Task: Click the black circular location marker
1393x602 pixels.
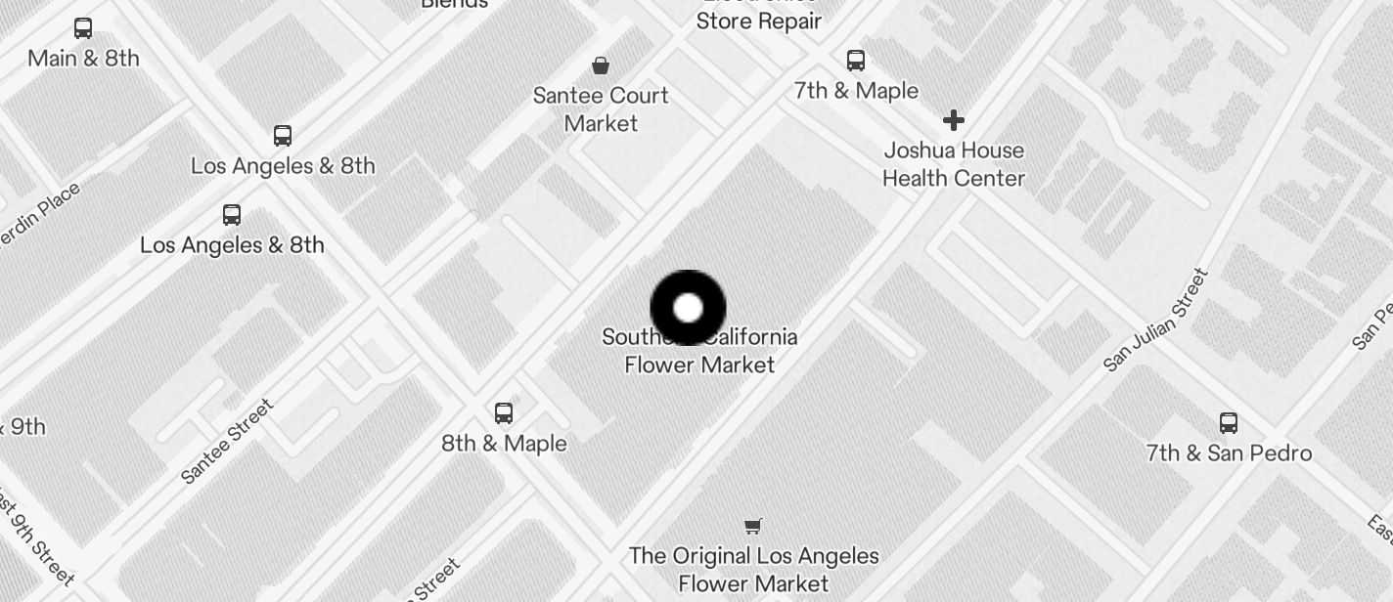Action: point(688,308)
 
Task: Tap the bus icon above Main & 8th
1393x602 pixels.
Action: point(83,28)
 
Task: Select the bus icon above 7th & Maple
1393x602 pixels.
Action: point(856,61)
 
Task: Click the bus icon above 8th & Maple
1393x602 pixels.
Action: point(504,412)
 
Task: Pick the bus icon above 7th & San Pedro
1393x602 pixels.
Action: point(1229,423)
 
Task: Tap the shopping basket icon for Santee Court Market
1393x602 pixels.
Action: point(601,65)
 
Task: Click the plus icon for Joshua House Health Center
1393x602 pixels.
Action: point(954,120)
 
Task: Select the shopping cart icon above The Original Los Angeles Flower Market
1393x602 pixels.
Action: point(753,526)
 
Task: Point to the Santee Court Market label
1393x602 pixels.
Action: point(601,109)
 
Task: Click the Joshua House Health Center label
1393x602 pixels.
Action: point(954,164)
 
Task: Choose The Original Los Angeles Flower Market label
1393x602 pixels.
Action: point(754,570)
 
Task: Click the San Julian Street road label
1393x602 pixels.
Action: point(1156,321)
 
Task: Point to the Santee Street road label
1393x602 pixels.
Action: point(228,441)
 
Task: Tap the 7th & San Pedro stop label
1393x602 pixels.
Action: point(1229,453)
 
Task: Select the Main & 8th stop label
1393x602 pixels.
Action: point(83,59)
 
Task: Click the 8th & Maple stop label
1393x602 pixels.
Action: point(504,444)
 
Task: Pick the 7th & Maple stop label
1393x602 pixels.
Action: point(856,91)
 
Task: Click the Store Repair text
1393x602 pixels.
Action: point(758,21)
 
